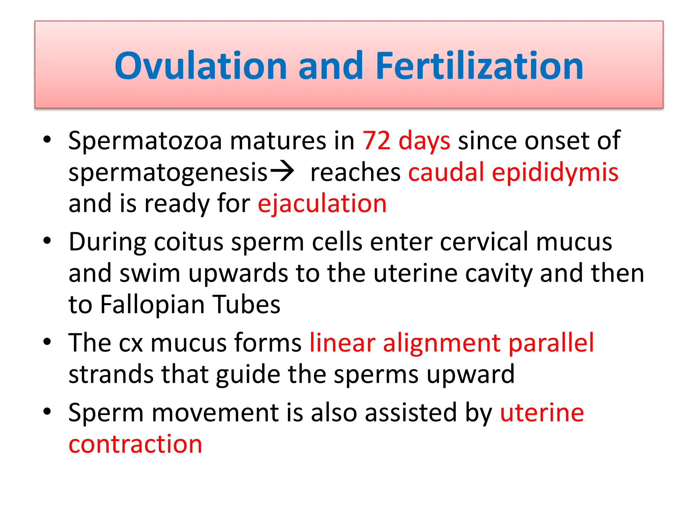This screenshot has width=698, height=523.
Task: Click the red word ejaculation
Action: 322,204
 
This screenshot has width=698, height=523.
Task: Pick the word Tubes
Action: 246,304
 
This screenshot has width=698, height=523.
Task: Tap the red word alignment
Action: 442,343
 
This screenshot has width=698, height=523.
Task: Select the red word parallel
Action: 551,343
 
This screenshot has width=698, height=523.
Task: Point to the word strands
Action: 111,374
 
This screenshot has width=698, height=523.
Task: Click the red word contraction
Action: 135,444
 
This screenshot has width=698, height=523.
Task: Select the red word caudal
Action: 446,172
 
